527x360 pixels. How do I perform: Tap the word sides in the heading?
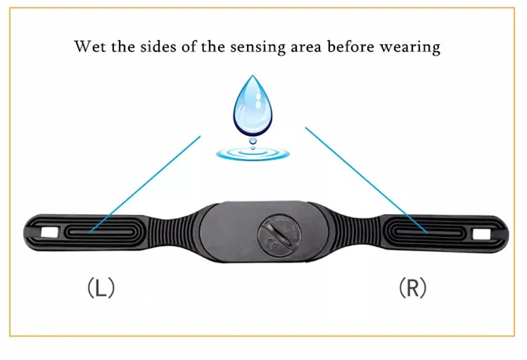tap(158, 47)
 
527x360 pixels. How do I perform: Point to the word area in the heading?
tap(306, 47)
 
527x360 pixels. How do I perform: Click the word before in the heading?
tap(350, 47)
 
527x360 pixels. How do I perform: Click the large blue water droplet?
tap(253, 105)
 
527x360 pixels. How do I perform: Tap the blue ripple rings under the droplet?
tap(253, 154)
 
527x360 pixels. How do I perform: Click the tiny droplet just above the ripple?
tap(253, 141)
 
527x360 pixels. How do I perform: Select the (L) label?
tap(101, 288)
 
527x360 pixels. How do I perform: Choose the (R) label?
tap(412, 288)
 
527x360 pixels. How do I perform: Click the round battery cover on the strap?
tap(280, 235)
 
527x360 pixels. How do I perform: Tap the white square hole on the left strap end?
tap(49, 233)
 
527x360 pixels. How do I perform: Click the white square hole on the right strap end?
tap(481, 234)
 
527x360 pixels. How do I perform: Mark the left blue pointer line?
tap(145, 184)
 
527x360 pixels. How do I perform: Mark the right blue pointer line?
tap(366, 179)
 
